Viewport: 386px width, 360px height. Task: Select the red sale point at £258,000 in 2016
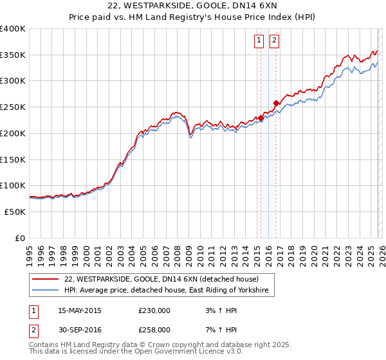276,103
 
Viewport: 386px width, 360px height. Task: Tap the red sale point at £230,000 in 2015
261,118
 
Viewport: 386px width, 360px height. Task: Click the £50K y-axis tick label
15,212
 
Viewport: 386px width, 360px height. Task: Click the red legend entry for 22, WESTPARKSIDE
161,279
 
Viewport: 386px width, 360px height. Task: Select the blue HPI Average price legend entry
169,291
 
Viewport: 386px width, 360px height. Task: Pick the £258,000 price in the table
154,330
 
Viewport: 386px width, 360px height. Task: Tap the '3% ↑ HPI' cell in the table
219,310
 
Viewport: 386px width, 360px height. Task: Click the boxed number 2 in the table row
32,330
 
